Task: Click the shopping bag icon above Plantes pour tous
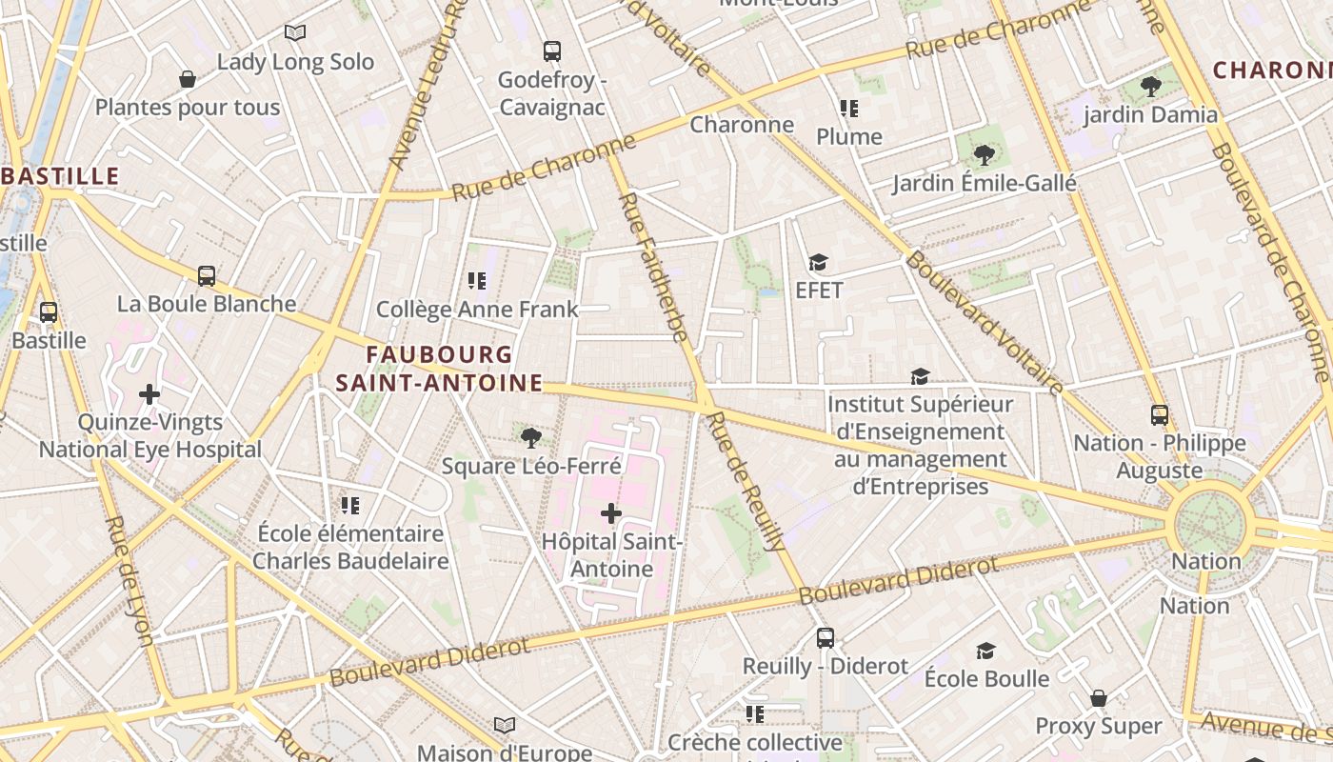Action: [x=188, y=79]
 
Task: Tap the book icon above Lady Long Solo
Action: [x=295, y=33]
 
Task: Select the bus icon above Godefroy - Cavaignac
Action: [x=551, y=51]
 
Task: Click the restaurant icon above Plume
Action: [x=848, y=109]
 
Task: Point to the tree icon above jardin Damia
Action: [x=1150, y=87]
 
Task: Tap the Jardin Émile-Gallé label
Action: [x=984, y=183]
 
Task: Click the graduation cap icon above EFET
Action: [x=818, y=262]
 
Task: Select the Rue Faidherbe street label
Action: [x=653, y=267]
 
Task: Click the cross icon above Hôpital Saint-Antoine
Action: [x=611, y=513]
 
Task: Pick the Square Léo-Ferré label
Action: [x=531, y=466]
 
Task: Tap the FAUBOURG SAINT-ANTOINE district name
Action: [x=440, y=369]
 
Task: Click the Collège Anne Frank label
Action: [x=477, y=309]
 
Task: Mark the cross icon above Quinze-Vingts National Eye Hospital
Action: [x=149, y=393]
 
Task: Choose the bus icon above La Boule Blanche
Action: [x=207, y=276]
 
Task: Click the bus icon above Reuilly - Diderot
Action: [x=826, y=638]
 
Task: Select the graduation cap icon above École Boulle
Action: [x=985, y=651]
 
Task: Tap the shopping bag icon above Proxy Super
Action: [x=1098, y=698]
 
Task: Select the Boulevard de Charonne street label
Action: [x=1272, y=262]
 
